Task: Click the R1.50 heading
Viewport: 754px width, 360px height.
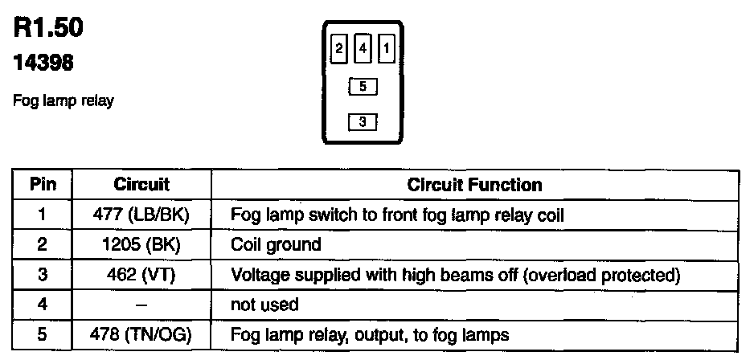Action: [x=48, y=28]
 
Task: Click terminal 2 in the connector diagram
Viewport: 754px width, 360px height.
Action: [x=339, y=49]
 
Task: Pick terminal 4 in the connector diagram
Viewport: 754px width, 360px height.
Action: [x=363, y=49]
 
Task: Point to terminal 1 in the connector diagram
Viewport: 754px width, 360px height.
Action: [x=387, y=49]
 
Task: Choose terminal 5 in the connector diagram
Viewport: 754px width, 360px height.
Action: [x=363, y=85]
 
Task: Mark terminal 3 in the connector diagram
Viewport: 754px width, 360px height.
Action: [x=363, y=122]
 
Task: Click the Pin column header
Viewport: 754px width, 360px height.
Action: [x=43, y=185]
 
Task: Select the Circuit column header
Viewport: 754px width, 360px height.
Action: [x=141, y=185]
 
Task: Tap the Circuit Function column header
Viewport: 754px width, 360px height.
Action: [x=474, y=185]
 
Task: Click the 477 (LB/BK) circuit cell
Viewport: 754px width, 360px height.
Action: [x=141, y=215]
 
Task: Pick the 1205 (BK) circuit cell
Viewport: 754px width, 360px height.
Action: [x=141, y=244]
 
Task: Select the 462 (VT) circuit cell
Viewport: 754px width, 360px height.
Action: [x=141, y=275]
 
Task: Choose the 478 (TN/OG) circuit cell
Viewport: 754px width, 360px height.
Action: [x=141, y=334]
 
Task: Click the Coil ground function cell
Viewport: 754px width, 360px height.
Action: [x=276, y=244]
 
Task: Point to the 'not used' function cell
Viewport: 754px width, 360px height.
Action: [x=264, y=305]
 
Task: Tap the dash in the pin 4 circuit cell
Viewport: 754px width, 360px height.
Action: [x=141, y=305]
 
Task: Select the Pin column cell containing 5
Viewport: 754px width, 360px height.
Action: [x=43, y=334]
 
